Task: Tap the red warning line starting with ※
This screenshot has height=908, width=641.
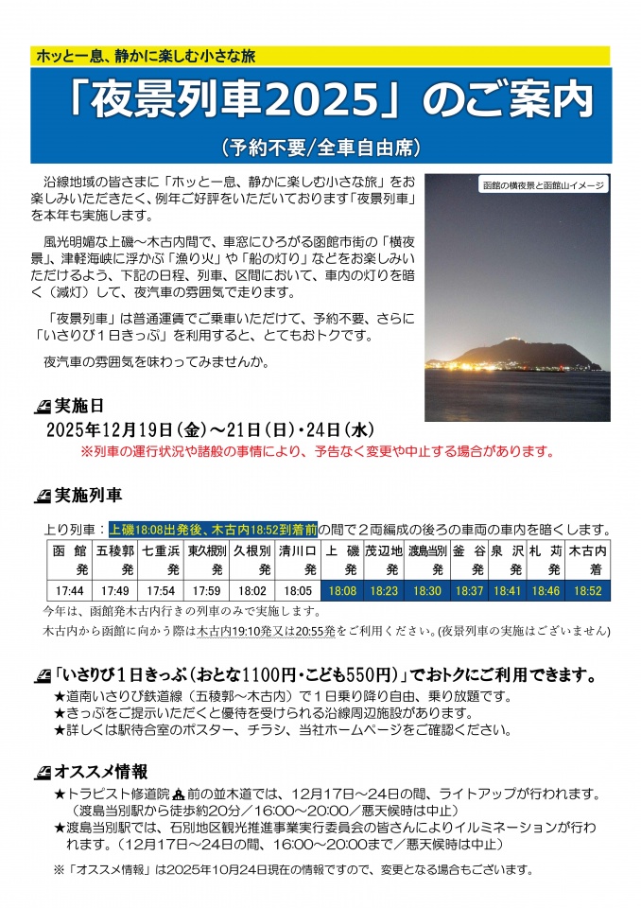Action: (317, 451)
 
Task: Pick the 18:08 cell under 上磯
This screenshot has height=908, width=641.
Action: (342, 590)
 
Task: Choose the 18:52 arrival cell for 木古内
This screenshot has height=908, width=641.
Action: (587, 590)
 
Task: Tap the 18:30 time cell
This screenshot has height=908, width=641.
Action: (427, 590)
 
